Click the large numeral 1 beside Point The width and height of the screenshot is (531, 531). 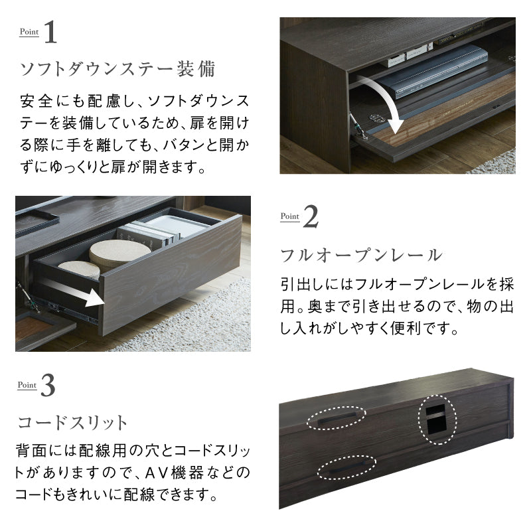[50, 34]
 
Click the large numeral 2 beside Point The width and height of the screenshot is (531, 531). [311, 217]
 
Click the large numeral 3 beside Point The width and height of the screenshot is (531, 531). [48, 386]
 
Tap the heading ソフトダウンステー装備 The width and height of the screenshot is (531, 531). [117, 69]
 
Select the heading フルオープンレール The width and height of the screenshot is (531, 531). [361, 254]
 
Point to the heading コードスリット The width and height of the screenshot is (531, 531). [72, 423]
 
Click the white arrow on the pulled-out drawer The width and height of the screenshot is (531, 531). [73, 293]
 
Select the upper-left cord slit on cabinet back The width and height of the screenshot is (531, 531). [337, 418]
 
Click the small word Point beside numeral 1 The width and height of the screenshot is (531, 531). [29, 31]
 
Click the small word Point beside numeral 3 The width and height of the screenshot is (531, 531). [27, 384]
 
